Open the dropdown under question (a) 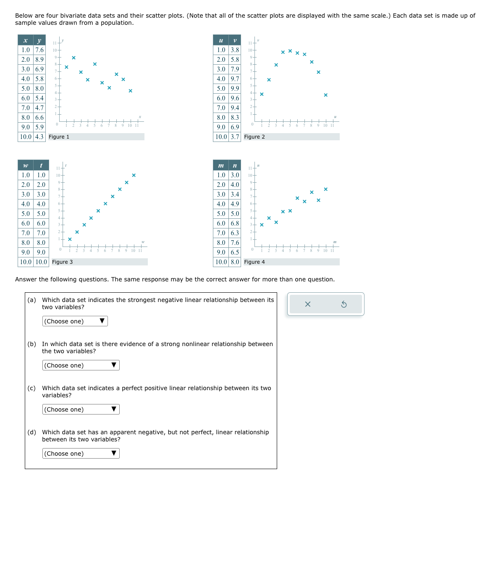coord(75,321)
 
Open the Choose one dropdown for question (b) coord(81,365)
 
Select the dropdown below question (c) coord(81,409)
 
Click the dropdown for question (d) coord(81,454)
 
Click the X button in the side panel coord(307,304)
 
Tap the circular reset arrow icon coord(344,304)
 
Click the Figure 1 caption coord(59,137)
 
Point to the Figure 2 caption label coord(254,137)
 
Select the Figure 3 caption coord(62,262)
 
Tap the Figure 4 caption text coord(254,262)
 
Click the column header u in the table coord(221,40)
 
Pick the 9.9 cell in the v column coord(235,89)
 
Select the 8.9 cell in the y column coord(39,60)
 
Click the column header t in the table coord(41,165)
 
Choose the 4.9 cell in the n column coord(235,204)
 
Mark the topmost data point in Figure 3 coord(134,175)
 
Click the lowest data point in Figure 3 coord(70,239)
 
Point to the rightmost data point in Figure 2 coord(325,95)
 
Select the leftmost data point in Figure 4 coord(262,225)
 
